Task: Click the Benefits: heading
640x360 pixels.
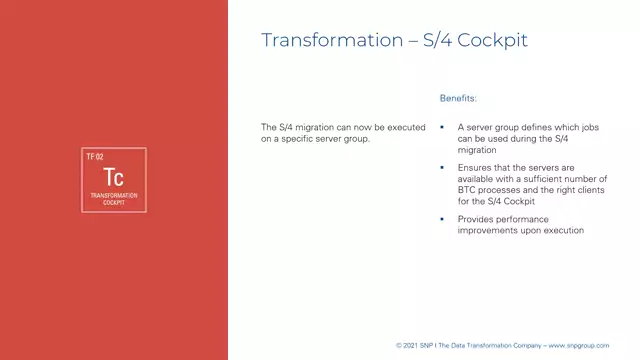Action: pos(459,99)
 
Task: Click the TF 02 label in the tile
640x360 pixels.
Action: pos(95,157)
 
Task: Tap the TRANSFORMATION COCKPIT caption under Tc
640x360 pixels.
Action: pos(113,198)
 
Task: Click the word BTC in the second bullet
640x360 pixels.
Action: pos(469,190)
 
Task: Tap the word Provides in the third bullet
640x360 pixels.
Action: pos(477,218)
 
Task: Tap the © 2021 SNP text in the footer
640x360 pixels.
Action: pos(416,345)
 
